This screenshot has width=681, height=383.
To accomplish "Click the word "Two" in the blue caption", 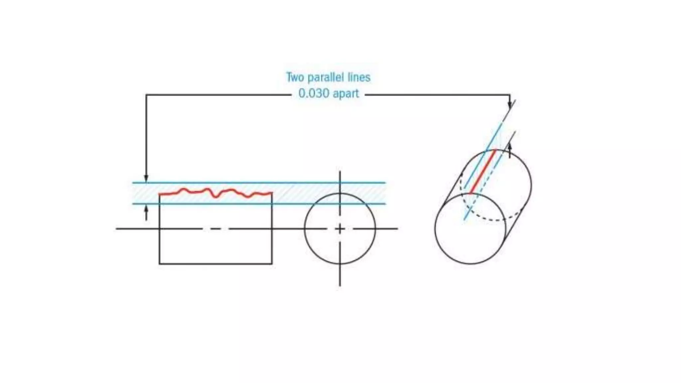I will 295,77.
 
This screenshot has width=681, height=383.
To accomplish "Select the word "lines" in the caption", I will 359,77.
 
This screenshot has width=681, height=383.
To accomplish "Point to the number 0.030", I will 314,93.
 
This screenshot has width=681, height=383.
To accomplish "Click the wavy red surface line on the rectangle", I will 216,193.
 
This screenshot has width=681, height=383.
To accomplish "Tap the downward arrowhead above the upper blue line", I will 146,179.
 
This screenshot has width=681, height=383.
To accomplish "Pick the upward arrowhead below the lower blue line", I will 146,209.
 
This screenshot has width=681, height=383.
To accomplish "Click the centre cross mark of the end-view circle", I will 340,229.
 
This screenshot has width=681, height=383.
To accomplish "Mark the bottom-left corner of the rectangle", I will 160,264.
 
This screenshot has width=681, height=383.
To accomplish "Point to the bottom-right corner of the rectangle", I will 272,264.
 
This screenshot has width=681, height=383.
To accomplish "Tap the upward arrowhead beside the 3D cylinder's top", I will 510,146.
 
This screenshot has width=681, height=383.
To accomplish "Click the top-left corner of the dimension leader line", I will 146,95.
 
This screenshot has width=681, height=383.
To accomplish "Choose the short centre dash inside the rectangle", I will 215,229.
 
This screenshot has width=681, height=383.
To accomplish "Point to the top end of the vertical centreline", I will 340,172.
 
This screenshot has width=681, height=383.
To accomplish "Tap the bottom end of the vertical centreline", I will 340,285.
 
